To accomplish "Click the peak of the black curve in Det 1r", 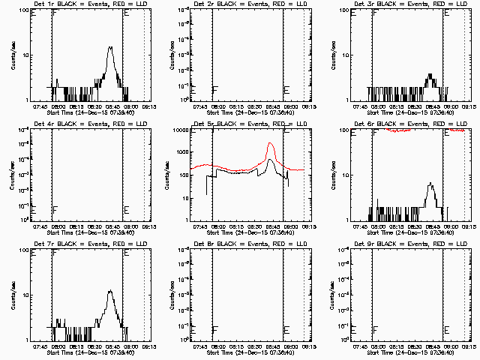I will click(110, 47).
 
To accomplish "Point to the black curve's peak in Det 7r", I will click(109, 291).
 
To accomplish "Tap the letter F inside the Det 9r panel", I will click(376, 331).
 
